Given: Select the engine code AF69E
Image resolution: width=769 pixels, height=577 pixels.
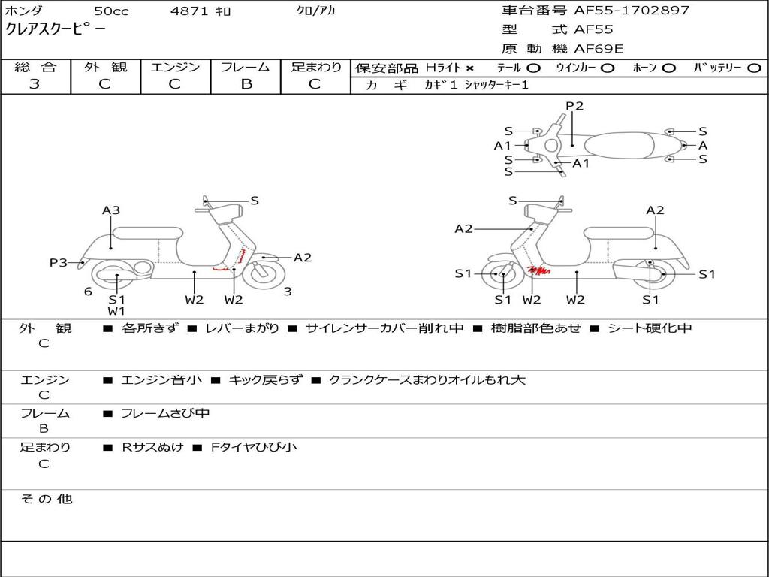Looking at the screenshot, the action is [599, 49].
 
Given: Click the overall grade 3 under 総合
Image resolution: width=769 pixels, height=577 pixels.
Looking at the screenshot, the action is [35, 84].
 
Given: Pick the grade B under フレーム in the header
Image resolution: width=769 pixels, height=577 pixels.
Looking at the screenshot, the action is [246, 84].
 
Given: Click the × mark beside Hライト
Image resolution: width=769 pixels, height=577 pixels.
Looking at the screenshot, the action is [470, 68].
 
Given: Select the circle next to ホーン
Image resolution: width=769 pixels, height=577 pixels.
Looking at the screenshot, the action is [669, 68].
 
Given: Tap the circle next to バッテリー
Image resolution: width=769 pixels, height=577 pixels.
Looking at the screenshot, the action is [754, 68].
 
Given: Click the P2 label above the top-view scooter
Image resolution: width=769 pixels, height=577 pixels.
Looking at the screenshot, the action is [574, 106].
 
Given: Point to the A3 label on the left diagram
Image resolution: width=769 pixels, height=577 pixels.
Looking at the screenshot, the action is [111, 210].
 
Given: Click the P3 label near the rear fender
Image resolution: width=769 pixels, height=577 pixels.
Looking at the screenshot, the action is [59, 262].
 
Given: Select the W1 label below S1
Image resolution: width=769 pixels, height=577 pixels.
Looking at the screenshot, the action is [116, 311].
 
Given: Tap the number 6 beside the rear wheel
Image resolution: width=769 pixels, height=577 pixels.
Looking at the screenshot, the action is [88, 292].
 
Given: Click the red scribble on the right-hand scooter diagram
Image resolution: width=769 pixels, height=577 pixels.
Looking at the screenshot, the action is [539, 270].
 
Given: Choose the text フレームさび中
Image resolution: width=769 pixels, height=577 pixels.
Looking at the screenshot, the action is [165, 413].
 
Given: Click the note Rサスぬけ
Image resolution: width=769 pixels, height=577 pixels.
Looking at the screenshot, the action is [152, 447].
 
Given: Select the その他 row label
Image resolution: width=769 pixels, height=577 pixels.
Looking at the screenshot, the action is [47, 499].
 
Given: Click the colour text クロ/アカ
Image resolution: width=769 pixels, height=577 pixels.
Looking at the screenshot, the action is [315, 11].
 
